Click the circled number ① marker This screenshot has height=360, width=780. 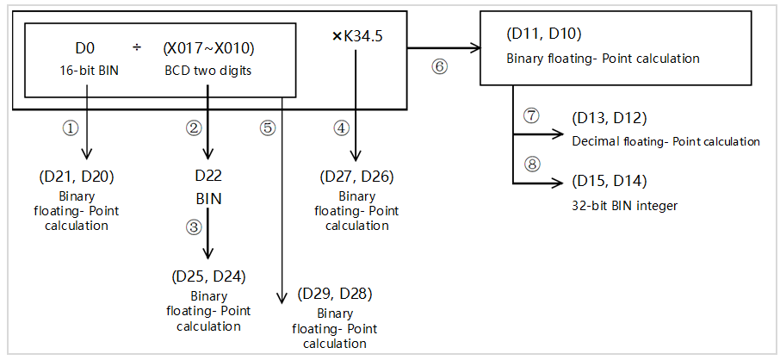tap(71, 127)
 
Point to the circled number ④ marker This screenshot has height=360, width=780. tap(343, 127)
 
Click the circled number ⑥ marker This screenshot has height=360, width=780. tap(440, 66)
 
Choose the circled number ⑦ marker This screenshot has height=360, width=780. tap(530, 115)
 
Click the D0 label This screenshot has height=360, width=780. tap(84, 49)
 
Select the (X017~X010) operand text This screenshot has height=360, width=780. tap(208, 49)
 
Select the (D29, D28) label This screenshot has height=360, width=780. tap(334, 294)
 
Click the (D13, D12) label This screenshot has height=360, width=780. tap(608, 119)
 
